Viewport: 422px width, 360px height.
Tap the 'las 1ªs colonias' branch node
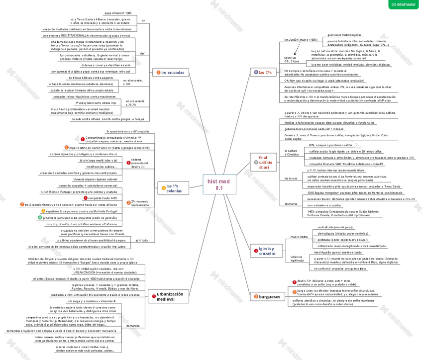coord(174,188)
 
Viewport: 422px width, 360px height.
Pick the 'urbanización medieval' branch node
coord(170,296)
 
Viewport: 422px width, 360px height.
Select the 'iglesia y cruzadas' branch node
coord(267,251)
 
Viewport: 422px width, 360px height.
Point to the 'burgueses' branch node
coord(270,297)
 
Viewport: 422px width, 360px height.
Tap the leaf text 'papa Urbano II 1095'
coord(118,13)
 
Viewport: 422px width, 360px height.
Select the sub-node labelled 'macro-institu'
coord(298,238)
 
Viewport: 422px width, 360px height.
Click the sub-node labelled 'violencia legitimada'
coord(297,259)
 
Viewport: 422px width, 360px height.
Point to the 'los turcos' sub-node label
coord(290,178)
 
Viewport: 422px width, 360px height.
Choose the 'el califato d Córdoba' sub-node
coord(291,153)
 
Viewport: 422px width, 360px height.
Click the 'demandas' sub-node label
coord(133,326)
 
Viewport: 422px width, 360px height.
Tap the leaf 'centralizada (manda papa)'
coord(333,227)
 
